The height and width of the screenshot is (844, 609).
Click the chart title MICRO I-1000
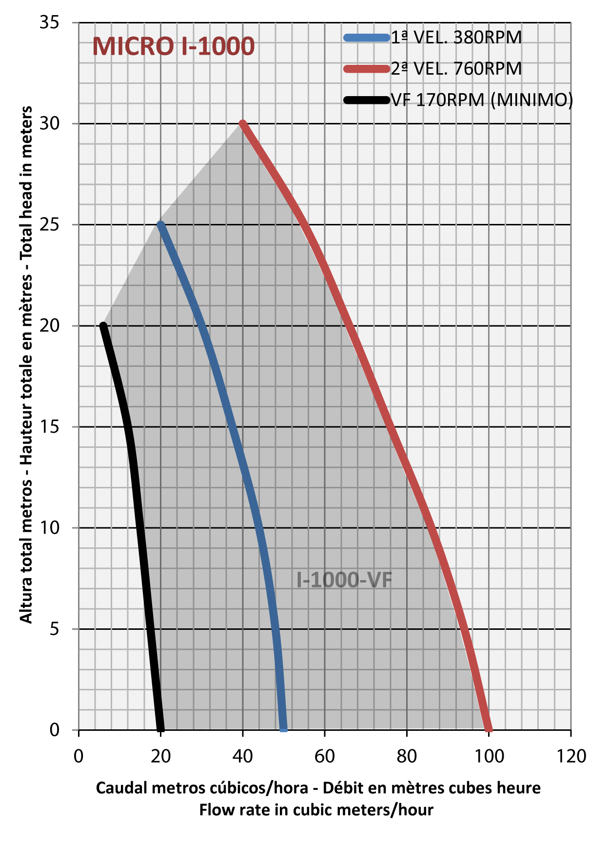(x=173, y=47)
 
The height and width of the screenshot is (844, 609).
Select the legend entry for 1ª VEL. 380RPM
(x=456, y=38)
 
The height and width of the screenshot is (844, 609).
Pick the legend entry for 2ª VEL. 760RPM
(x=456, y=69)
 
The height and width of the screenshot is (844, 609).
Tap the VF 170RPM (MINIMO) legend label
(x=482, y=100)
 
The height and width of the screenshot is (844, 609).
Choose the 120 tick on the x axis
(x=571, y=756)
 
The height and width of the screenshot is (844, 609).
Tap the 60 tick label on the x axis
(x=324, y=756)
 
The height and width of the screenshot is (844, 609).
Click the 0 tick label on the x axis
(x=79, y=756)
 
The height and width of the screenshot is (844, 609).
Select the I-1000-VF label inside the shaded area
(x=344, y=580)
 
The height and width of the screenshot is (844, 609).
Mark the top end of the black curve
(x=103, y=325)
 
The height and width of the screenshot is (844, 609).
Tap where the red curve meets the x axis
(x=489, y=729)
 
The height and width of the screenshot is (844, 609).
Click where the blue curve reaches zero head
(x=284, y=729)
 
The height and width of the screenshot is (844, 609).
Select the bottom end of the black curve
(x=161, y=729)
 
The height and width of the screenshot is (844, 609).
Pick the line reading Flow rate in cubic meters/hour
(x=316, y=810)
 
